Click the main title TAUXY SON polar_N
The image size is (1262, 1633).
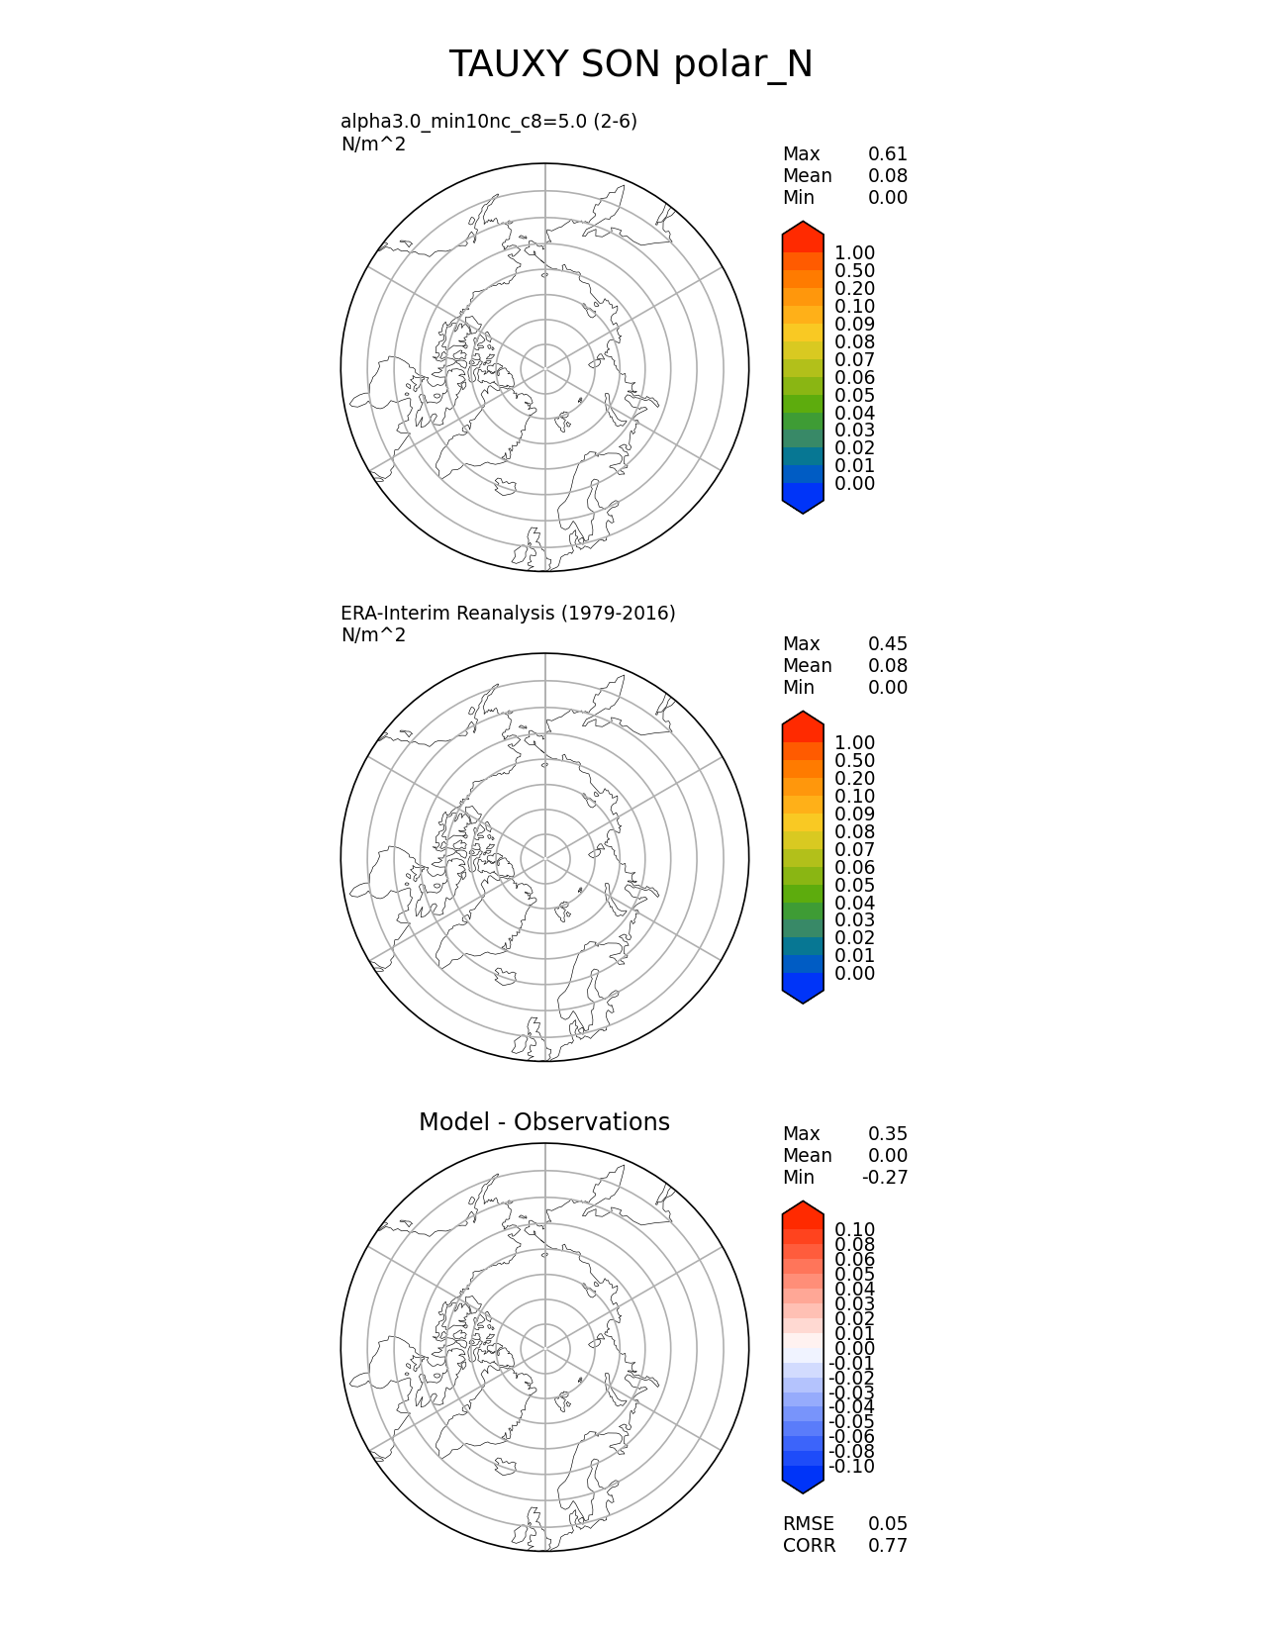click(631, 65)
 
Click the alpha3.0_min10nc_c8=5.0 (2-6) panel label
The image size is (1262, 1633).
click(489, 122)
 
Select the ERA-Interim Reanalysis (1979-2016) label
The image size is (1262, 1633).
click(508, 614)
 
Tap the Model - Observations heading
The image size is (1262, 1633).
click(543, 1122)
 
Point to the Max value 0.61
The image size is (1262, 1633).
click(887, 154)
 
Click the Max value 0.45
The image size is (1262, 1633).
click(887, 644)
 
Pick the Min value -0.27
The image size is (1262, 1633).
click(885, 1178)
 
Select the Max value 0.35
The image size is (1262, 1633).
click(887, 1134)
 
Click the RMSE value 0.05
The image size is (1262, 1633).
click(887, 1524)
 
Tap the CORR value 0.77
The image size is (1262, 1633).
click(887, 1546)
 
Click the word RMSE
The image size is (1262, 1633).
click(808, 1524)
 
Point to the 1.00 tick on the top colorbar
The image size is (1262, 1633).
click(854, 253)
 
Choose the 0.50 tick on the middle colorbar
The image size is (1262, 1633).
click(854, 761)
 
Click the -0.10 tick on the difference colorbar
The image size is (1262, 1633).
click(851, 1467)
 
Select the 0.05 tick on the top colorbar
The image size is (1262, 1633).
click(854, 396)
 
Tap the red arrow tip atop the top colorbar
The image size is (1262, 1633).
click(803, 230)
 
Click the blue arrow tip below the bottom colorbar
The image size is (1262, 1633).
click(803, 1485)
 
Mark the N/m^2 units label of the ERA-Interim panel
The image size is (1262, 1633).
click(373, 635)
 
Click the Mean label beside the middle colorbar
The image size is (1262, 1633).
click(807, 666)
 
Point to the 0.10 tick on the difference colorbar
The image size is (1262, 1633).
click(854, 1230)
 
